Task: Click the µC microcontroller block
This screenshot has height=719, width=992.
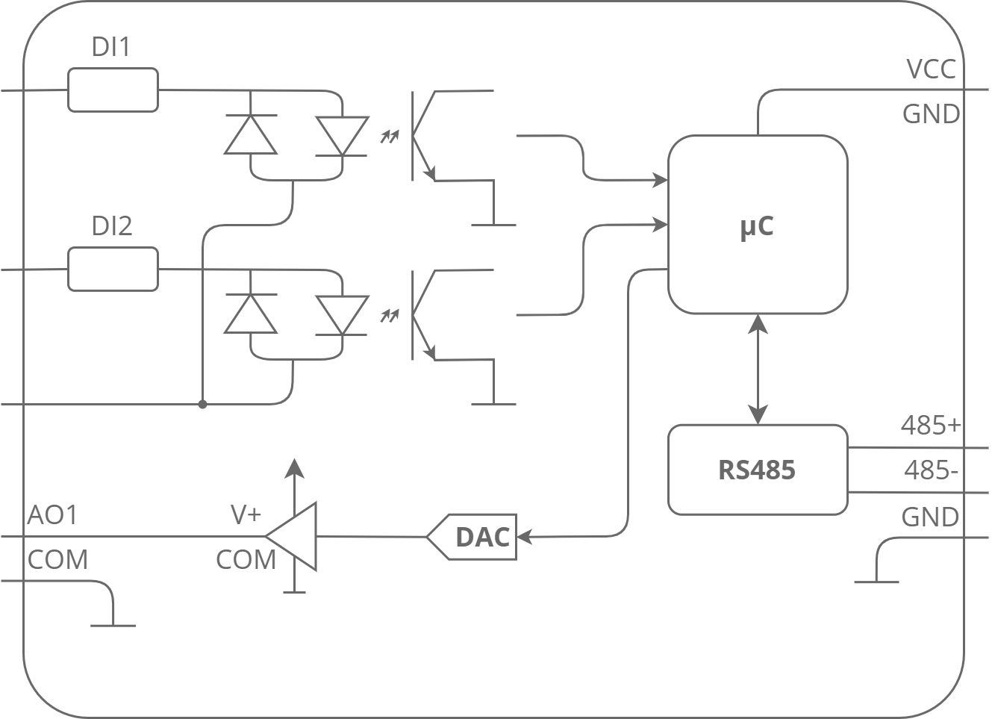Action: pyautogui.click(x=757, y=224)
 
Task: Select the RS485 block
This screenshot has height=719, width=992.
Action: pyautogui.click(x=757, y=470)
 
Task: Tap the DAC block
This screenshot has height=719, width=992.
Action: pyautogui.click(x=475, y=537)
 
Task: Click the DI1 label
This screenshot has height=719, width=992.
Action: pyautogui.click(x=110, y=48)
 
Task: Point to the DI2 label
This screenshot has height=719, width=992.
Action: pyautogui.click(x=112, y=225)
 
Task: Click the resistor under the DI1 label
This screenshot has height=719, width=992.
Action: pyautogui.click(x=113, y=90)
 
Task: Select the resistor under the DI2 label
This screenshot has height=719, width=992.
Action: pyautogui.click(x=113, y=270)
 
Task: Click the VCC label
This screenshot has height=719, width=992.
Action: pyautogui.click(x=930, y=69)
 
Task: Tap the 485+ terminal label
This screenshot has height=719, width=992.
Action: pyautogui.click(x=930, y=426)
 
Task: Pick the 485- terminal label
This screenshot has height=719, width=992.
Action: pyautogui.click(x=930, y=471)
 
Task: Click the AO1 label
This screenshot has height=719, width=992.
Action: pyautogui.click(x=52, y=515)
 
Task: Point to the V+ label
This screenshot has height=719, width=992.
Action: pyautogui.click(x=246, y=514)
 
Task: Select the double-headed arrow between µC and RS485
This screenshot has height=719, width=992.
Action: pyautogui.click(x=758, y=369)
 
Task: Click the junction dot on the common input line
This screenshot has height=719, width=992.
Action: pyautogui.click(x=202, y=404)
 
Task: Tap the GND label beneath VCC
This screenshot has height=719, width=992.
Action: pyautogui.click(x=930, y=114)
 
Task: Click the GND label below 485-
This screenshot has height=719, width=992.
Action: pyautogui.click(x=930, y=517)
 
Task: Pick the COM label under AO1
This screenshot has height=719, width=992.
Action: pyautogui.click(x=57, y=560)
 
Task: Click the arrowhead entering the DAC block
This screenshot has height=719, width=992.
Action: pyautogui.click(x=524, y=537)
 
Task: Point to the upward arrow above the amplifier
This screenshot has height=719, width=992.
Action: pyautogui.click(x=296, y=469)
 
